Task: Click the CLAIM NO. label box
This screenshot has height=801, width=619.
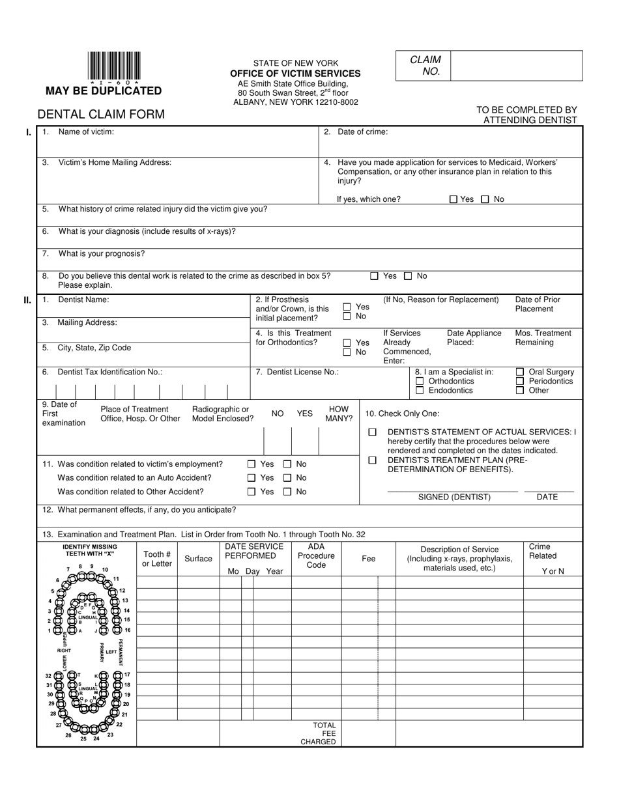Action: click(x=424, y=66)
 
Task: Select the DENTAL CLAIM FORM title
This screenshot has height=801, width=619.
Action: click(x=101, y=115)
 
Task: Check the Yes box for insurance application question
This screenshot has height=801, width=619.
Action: click(x=453, y=199)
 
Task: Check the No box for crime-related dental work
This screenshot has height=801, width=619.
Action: click(x=408, y=276)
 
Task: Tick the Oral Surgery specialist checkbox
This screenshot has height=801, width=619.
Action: click(x=520, y=372)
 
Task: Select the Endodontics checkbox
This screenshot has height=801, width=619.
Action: click(x=420, y=391)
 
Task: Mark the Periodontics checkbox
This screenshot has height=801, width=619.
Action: click(x=520, y=382)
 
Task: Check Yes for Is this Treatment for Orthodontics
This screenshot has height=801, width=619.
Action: click(x=347, y=343)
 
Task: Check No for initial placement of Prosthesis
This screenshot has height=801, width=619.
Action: click(x=347, y=316)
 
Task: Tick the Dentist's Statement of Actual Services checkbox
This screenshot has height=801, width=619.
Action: click(x=373, y=432)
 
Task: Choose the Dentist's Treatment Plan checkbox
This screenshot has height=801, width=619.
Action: click(x=373, y=460)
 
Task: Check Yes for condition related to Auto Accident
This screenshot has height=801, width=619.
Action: click(x=252, y=478)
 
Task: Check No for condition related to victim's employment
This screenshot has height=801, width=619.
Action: click(x=287, y=464)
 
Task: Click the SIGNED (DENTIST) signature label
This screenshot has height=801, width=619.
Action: click(x=454, y=497)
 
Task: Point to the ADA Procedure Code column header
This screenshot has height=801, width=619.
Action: click(x=316, y=556)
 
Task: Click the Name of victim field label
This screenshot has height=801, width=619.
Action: click(x=85, y=132)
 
